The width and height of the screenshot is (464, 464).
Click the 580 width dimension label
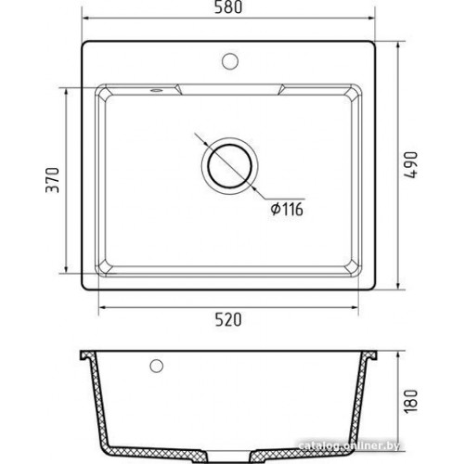point(228,7)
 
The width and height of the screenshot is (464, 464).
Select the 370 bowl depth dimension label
point(52,180)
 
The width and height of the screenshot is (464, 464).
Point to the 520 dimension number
point(228,319)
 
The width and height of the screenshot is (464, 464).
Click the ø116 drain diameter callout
point(287,209)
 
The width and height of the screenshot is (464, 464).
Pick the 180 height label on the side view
point(411,401)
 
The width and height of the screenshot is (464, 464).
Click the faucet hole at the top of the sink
point(230,61)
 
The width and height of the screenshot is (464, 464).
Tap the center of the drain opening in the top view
point(230,166)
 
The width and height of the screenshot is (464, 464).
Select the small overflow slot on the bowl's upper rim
point(156,90)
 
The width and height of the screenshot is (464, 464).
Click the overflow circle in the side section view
point(156,366)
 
